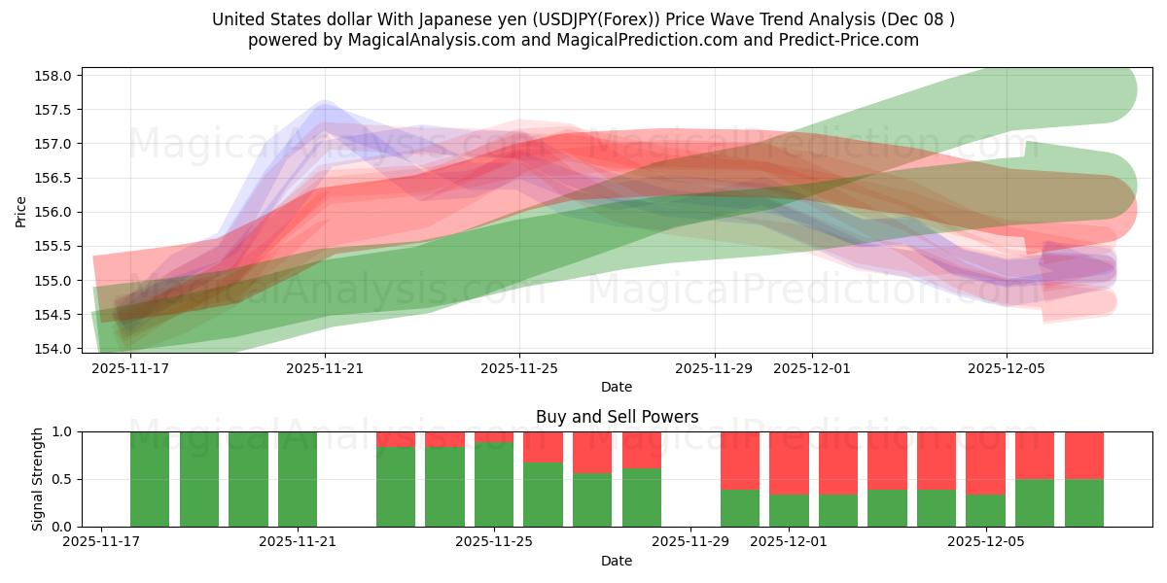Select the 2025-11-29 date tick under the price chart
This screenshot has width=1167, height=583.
714,368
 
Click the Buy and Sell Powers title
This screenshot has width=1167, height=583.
617,417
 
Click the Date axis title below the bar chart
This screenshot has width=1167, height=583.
617,561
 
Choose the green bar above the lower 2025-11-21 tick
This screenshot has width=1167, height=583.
298,479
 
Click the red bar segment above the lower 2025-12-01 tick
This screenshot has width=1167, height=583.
789,463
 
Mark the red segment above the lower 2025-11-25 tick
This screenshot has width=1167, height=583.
494,436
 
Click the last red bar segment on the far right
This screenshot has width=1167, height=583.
1084,455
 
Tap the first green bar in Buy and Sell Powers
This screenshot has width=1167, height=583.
150,479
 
